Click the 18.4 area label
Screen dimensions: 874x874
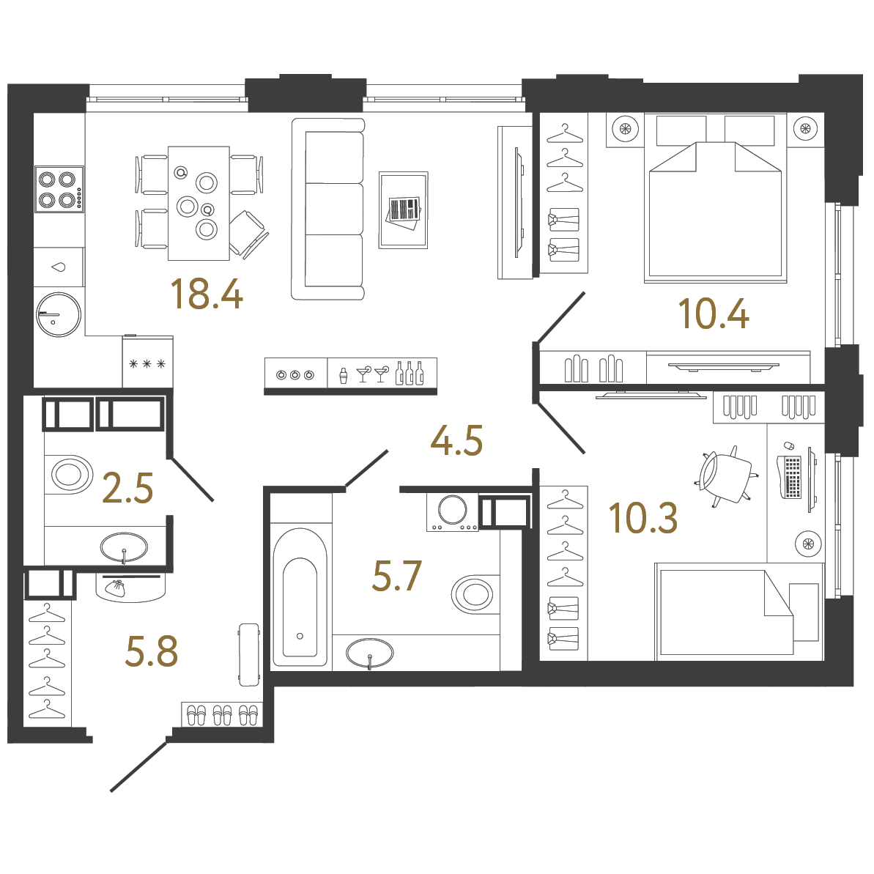206,294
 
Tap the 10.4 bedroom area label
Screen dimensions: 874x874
714,314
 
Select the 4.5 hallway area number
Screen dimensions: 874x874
456,441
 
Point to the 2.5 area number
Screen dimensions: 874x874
128,488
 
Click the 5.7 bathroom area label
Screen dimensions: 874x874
397,576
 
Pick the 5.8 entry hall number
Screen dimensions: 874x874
152,651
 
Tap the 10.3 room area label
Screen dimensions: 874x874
643,518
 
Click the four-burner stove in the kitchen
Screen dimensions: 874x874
59,189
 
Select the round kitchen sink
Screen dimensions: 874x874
58,315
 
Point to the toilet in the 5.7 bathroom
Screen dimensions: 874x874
475,594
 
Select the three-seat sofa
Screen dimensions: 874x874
328,209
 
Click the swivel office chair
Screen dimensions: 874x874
725,478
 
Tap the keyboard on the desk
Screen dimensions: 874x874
792,477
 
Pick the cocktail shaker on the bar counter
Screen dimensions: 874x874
342,376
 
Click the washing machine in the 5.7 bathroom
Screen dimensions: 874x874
453,511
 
